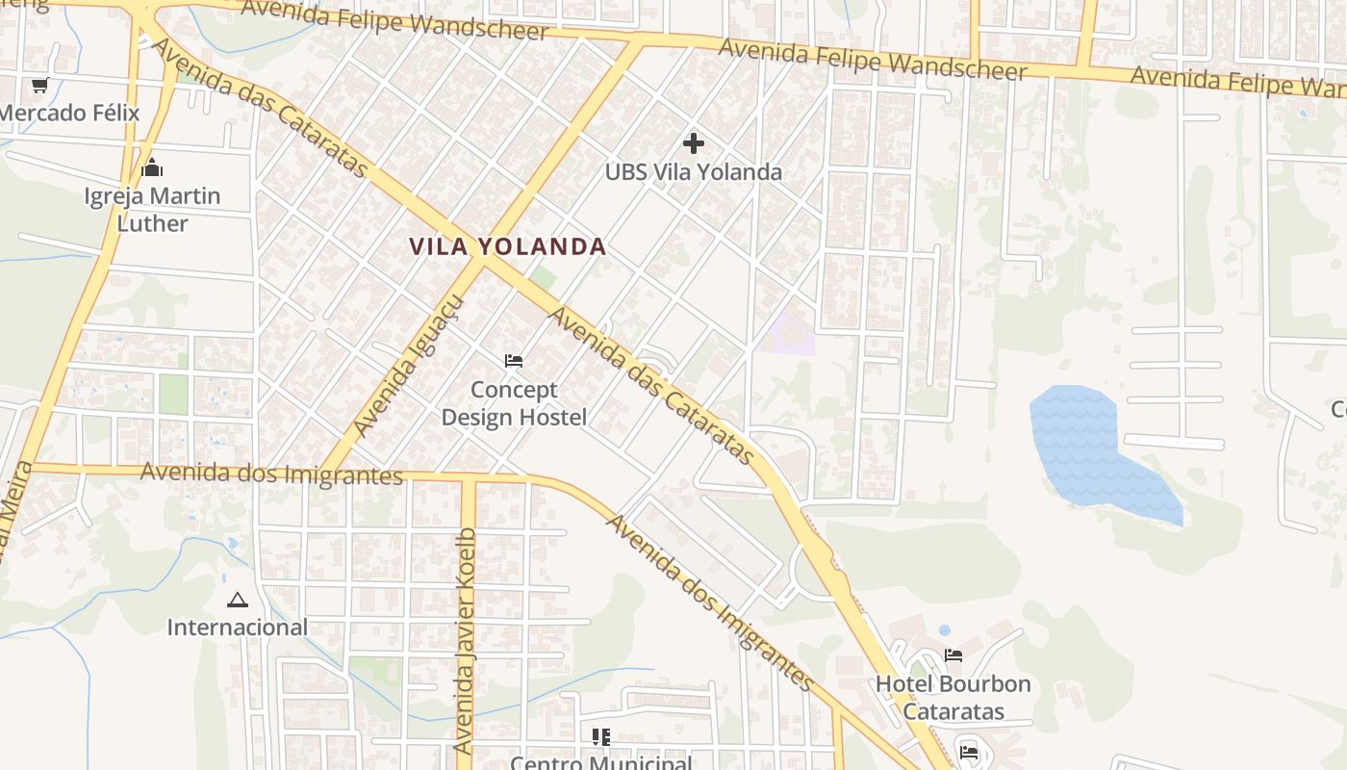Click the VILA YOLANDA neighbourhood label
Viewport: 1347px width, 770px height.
[507, 246]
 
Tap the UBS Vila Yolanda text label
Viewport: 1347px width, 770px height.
[693, 172]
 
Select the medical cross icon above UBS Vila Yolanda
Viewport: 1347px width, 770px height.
[693, 144]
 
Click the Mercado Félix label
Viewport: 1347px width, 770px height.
[69, 113]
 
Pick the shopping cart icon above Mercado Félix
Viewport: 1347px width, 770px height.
[39, 86]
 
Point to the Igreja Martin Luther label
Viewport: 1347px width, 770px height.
[152, 210]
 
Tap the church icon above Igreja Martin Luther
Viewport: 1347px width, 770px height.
[152, 168]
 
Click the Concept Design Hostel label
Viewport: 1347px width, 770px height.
[514, 403]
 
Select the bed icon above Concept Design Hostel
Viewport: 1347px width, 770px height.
[514, 361]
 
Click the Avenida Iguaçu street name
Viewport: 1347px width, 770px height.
[408, 366]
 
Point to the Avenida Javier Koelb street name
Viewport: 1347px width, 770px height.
[466, 640]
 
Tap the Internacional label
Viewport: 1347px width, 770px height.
[238, 628]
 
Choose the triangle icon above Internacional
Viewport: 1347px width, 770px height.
[238, 601]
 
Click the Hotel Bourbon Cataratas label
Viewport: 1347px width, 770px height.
[953, 698]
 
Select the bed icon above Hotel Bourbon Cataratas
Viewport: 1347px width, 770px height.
[953, 655]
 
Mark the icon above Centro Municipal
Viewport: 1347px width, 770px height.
[601, 737]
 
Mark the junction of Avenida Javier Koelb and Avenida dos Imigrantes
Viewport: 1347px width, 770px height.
[468, 478]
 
